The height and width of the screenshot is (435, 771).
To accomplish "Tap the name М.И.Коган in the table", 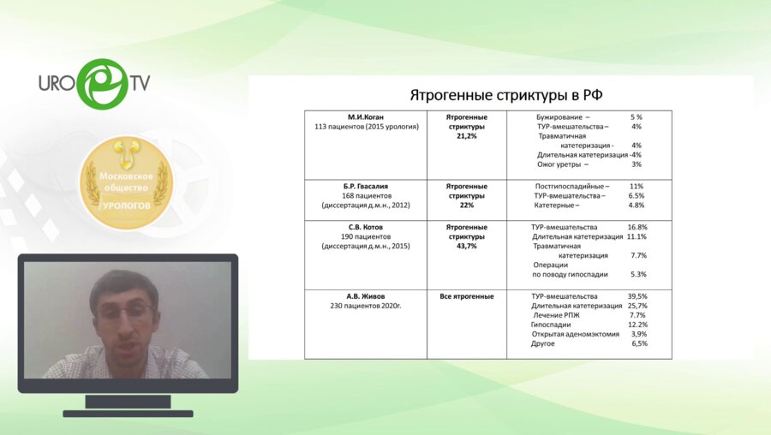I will [x=366, y=116].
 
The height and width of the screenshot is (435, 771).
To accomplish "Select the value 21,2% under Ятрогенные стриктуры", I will [x=467, y=135].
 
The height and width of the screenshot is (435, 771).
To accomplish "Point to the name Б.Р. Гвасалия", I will [x=366, y=186].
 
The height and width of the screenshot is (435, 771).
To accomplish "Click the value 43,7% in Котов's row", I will [x=467, y=246].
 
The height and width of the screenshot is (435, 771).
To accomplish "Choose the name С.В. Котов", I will [x=366, y=227].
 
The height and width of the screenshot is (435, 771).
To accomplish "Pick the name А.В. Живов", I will [x=366, y=295].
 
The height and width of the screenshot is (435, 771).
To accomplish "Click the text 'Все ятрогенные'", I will [x=467, y=296].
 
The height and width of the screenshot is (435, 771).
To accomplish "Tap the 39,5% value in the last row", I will [x=637, y=296].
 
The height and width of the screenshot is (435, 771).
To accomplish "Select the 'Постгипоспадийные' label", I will [x=571, y=186].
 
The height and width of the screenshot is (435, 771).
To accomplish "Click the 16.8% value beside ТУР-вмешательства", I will [x=637, y=227].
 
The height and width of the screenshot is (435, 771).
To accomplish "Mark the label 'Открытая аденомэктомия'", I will [x=577, y=334].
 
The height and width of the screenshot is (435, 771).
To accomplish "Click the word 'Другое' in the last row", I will [x=543, y=343].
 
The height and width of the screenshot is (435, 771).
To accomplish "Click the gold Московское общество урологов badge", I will [x=127, y=182].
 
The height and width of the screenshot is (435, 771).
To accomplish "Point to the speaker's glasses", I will [x=123, y=313].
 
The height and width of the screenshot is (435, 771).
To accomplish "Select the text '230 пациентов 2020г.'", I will [x=366, y=306].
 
